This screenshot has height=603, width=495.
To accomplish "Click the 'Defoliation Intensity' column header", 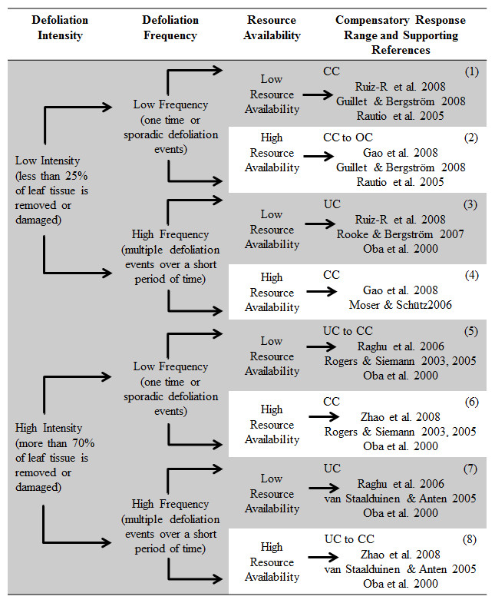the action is point(60,28).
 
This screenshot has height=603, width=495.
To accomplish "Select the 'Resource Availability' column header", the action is point(272,28).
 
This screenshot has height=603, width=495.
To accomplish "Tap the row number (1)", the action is point(471,72).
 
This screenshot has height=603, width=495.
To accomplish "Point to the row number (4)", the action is point(471,276).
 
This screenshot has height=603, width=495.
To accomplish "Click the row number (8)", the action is point(470,539).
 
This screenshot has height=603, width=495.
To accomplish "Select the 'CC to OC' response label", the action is point(348,137).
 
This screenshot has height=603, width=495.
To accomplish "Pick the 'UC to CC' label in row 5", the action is point(348,331).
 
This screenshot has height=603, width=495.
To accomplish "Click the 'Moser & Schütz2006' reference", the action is point(401,305).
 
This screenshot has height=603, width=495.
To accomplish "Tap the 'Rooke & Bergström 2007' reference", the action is point(401,234).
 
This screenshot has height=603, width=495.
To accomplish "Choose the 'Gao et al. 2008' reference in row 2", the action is point(401,153).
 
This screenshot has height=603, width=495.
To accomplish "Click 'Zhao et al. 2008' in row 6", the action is point(401,417).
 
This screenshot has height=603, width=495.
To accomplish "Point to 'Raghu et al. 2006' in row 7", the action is point(401,484).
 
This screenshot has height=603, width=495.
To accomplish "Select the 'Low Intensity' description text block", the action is point(52,190).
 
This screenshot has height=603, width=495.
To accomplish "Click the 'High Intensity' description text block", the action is point(54,458).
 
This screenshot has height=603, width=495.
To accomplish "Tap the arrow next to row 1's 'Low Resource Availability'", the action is point(318,94).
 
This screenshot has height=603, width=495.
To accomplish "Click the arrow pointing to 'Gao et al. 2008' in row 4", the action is point(322,291).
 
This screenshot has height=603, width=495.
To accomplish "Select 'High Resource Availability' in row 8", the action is point(272,562).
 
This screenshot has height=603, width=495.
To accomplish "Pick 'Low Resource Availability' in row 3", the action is point(272,229).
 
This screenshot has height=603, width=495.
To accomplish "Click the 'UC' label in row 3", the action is point(332,204).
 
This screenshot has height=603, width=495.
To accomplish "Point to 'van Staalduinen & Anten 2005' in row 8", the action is point(401,569).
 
